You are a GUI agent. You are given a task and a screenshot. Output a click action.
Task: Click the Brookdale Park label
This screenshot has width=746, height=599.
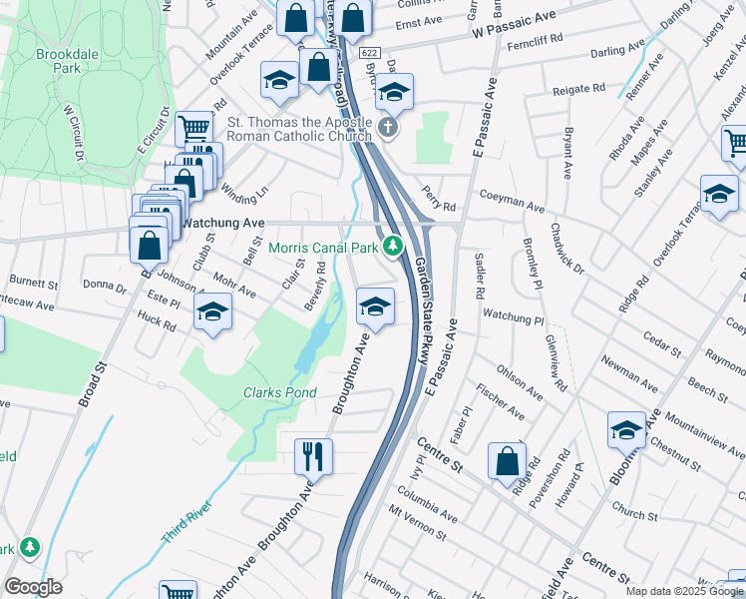tap(57, 61)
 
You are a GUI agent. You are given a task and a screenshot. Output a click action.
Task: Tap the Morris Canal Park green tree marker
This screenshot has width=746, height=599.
tap(394, 245)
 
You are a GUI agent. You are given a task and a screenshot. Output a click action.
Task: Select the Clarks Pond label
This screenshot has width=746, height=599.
tap(280, 392)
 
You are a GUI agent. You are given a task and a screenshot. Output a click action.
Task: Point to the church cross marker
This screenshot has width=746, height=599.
tap(389, 128)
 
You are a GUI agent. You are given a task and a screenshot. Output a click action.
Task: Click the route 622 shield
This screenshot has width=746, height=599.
tap(369, 52)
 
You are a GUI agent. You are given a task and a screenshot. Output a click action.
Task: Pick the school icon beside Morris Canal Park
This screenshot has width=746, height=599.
tap(375, 305)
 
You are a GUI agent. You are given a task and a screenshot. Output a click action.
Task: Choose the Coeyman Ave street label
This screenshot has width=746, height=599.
tap(512, 202)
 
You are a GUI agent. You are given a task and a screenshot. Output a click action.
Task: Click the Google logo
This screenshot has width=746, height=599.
tap(33, 586)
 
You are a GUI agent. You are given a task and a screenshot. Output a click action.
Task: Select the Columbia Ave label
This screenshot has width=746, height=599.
tap(426, 505)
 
